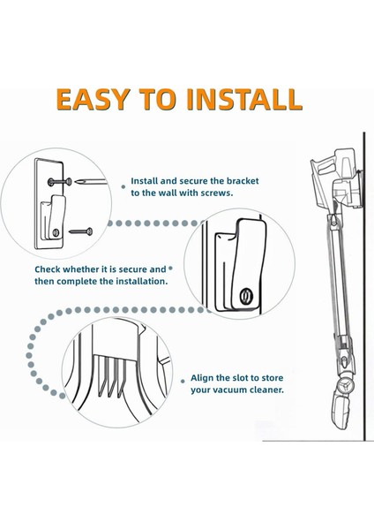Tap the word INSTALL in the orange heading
(244, 99)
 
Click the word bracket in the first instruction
(243, 181)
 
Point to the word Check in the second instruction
(48, 269)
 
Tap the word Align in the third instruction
(202, 378)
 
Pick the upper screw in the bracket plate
(59, 182)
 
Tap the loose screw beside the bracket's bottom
(80, 231)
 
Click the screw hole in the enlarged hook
(246, 295)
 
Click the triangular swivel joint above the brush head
(345, 386)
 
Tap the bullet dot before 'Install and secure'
(123, 186)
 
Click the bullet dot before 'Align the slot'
(183, 381)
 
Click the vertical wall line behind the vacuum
(364, 286)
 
